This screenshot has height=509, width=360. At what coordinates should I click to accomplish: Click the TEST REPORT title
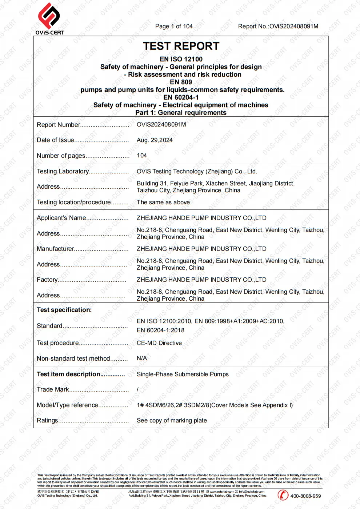(181, 46)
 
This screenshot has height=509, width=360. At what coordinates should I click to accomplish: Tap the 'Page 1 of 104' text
(174, 26)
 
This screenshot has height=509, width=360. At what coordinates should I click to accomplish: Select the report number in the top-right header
(278, 26)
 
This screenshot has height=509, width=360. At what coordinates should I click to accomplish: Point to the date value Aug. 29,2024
(155, 140)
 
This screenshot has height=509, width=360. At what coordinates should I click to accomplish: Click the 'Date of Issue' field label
(55, 140)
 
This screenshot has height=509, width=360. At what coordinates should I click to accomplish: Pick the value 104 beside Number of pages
(142, 155)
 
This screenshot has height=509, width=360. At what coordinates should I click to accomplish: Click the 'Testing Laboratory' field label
(63, 171)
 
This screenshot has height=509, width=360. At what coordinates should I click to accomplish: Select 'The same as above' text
(163, 202)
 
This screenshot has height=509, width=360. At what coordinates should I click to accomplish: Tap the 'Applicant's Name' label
(61, 218)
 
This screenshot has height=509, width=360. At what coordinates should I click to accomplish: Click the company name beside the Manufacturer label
(201, 249)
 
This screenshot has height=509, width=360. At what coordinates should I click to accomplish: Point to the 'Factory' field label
(47, 280)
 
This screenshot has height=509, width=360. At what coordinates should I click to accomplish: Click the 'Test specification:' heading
(64, 310)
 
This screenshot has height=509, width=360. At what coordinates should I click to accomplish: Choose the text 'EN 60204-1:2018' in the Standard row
(160, 330)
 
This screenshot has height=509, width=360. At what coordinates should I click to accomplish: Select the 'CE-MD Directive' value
(159, 343)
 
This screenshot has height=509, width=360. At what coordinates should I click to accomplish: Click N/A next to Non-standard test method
(142, 358)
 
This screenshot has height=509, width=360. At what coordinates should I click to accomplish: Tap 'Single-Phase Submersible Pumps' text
(183, 374)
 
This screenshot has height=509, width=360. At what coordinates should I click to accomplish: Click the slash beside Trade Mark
(137, 389)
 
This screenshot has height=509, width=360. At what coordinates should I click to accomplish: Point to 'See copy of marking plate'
(172, 420)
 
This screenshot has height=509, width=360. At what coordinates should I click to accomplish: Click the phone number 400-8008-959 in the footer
(305, 496)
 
